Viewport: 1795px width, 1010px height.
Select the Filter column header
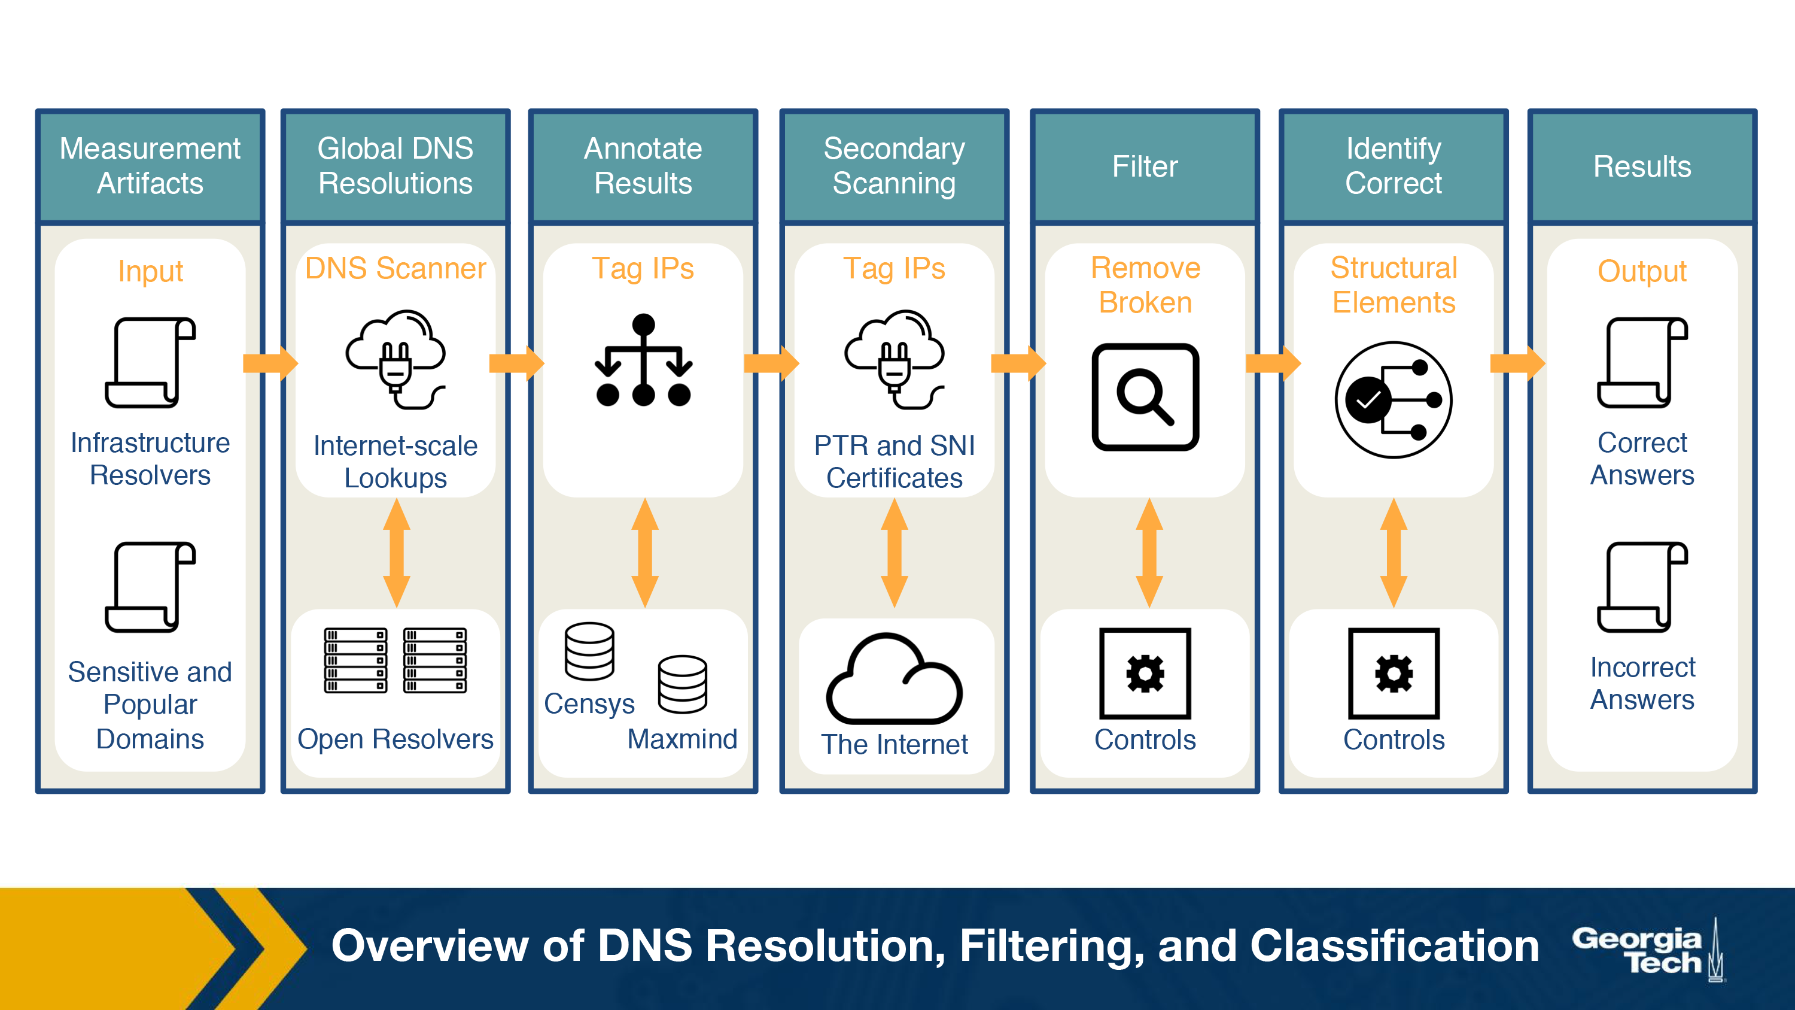pyautogui.click(x=1144, y=166)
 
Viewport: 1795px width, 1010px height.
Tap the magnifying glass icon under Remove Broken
pyautogui.click(x=1145, y=396)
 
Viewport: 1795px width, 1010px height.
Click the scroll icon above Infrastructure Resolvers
pyautogui.click(x=151, y=362)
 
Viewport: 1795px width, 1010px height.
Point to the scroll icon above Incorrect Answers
pyautogui.click(x=1642, y=587)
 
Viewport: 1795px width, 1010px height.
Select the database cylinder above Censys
pyautogui.click(x=589, y=651)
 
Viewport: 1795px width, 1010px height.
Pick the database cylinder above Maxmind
pyautogui.click(x=682, y=684)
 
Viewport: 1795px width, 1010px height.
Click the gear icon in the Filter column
pyautogui.click(x=1145, y=674)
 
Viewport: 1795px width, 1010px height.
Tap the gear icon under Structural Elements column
pyautogui.click(x=1394, y=674)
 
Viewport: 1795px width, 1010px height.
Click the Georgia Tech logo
pyautogui.click(x=1648, y=950)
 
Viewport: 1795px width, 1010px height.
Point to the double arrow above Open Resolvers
pyautogui.click(x=397, y=553)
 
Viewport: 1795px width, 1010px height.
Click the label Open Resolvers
pyautogui.click(x=395, y=739)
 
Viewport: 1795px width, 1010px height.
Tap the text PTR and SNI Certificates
pyautogui.click(x=894, y=462)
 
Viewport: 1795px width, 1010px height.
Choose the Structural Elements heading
pyautogui.click(x=1394, y=285)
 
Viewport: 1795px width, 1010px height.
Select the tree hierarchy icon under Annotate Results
pyautogui.click(x=643, y=360)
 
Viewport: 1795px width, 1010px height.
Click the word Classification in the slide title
pyautogui.click(x=1394, y=946)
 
